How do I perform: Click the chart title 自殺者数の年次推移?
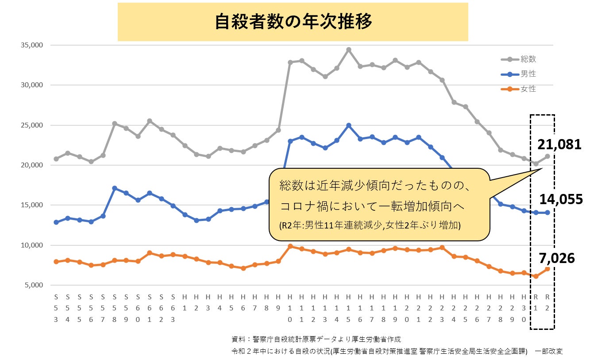pos(293,22)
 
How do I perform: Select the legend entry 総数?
pos(528,59)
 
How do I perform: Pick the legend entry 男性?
pos(528,74)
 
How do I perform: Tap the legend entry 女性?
pos(528,89)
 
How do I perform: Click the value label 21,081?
pos(559,143)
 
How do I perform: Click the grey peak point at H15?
pos(349,50)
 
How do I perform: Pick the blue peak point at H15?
pos(349,125)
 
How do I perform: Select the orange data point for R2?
pos(548,269)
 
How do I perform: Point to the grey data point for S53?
pos(56,159)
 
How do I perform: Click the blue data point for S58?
pos(115,188)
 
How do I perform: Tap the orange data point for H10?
pos(290,246)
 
